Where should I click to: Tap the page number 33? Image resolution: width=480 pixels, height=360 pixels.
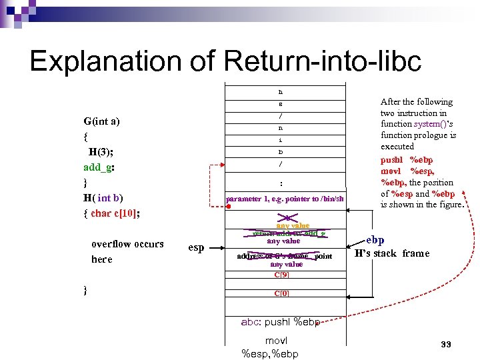[446, 345]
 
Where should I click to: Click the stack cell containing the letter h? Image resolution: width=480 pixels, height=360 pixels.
[281, 91]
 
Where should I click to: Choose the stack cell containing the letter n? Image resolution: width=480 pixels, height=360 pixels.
[281, 127]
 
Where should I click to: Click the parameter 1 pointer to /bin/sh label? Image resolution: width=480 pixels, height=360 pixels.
[285, 199]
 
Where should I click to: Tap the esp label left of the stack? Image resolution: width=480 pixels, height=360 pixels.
[196, 247]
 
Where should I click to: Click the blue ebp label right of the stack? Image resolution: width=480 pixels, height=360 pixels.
[375, 240]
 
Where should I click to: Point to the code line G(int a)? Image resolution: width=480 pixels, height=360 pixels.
[102, 121]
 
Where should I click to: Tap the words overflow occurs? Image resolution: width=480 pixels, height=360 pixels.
[127, 244]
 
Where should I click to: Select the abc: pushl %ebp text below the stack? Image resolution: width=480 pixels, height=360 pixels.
[281, 323]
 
